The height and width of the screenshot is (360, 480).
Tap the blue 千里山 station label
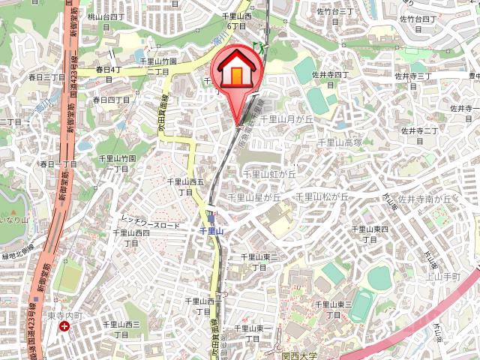[x=212, y=232]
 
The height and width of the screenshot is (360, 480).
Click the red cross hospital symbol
[x=65, y=327]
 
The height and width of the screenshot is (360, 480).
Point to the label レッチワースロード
[x=150, y=223]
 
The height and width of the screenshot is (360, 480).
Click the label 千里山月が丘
[x=285, y=119]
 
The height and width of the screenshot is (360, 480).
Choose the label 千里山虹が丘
[x=269, y=174]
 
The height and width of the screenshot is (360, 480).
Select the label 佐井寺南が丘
[x=424, y=199]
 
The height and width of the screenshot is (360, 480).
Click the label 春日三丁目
[x=47, y=77]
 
